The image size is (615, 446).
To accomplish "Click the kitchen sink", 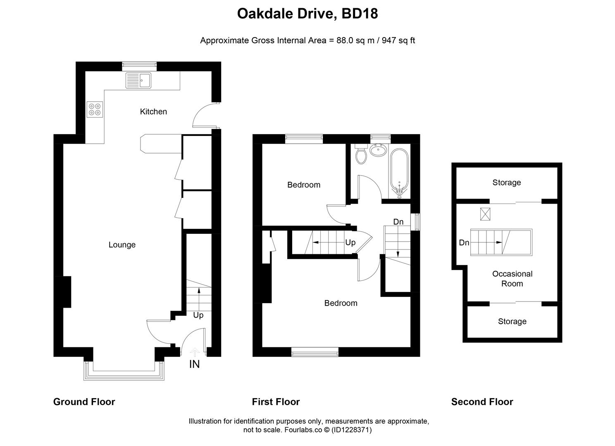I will (x=138, y=81).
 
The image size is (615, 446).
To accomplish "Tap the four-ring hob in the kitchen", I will (x=95, y=109).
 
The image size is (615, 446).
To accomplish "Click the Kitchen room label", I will (x=153, y=111).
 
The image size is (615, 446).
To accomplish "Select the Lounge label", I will (x=122, y=245).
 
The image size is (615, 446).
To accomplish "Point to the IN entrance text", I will (x=194, y=364).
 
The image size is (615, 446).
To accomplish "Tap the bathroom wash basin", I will (x=378, y=150).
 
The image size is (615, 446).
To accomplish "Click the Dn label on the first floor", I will (x=398, y=222).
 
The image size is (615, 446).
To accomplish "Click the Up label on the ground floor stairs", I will (x=198, y=315).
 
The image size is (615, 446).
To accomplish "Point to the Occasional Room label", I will (x=512, y=279).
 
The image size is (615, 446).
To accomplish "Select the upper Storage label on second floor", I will (x=506, y=183).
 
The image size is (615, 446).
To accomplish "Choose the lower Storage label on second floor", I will (x=512, y=321).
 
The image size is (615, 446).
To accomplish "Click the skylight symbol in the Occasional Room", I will (x=485, y=214).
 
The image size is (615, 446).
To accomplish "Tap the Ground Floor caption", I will (x=84, y=402).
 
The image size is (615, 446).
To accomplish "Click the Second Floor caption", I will (x=482, y=402).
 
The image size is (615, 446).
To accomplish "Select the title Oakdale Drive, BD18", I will (x=307, y=14).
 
